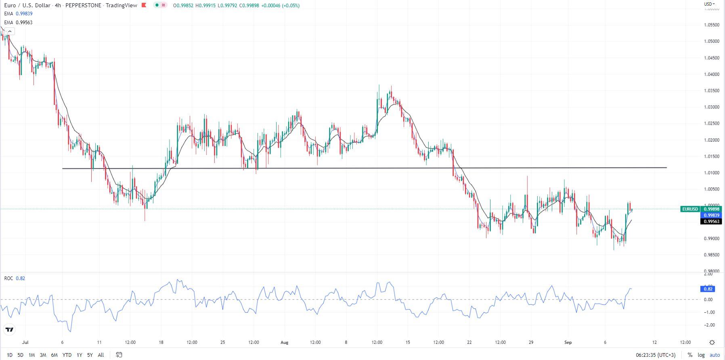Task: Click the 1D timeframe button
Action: tap(10, 355)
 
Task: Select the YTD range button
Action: tap(67, 355)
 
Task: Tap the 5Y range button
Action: tap(90, 355)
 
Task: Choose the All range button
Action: tap(101, 355)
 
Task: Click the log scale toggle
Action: tap(701, 355)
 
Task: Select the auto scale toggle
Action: tap(715, 355)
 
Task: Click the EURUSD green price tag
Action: tap(690, 209)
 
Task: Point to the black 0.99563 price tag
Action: tap(712, 222)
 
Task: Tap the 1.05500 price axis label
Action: tap(711, 25)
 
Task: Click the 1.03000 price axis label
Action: tap(711, 107)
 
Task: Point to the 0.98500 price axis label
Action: tap(711, 255)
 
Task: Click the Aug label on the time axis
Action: tap(285, 343)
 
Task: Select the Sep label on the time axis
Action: tap(568, 343)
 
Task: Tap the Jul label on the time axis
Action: tap(25, 343)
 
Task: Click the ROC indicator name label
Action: tap(8, 278)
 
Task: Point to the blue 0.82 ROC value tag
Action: tap(708, 289)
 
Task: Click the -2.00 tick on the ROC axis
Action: tap(708, 325)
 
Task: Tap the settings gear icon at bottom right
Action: tap(712, 343)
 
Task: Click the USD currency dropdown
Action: tap(709, 4)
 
